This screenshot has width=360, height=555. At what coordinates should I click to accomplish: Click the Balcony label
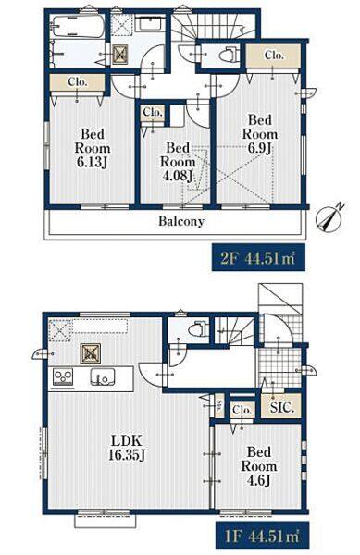(181, 222)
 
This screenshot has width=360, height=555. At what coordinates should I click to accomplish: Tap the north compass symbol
(329, 217)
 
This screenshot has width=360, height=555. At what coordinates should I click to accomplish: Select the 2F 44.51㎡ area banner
(259, 257)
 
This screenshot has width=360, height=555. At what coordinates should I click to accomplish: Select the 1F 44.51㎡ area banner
(262, 536)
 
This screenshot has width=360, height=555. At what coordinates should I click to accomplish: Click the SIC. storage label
(281, 408)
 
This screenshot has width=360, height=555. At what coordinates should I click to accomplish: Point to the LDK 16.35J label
(127, 448)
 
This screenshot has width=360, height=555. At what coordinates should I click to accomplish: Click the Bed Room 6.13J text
(93, 148)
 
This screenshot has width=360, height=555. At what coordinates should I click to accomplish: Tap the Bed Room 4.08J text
(178, 162)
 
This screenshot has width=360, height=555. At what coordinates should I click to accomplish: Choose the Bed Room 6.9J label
(260, 134)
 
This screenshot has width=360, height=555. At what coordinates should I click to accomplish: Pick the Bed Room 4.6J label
(259, 466)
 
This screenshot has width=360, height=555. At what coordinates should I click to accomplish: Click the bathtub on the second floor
(78, 26)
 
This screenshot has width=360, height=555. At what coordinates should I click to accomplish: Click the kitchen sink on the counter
(102, 377)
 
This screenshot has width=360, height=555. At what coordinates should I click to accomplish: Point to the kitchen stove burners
(63, 377)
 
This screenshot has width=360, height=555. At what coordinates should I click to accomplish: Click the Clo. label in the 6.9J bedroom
(274, 55)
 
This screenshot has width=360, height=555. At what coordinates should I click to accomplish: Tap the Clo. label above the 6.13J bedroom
(78, 82)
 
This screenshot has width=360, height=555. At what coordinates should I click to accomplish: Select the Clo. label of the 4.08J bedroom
(153, 113)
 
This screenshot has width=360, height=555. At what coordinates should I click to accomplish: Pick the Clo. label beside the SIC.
(242, 410)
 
